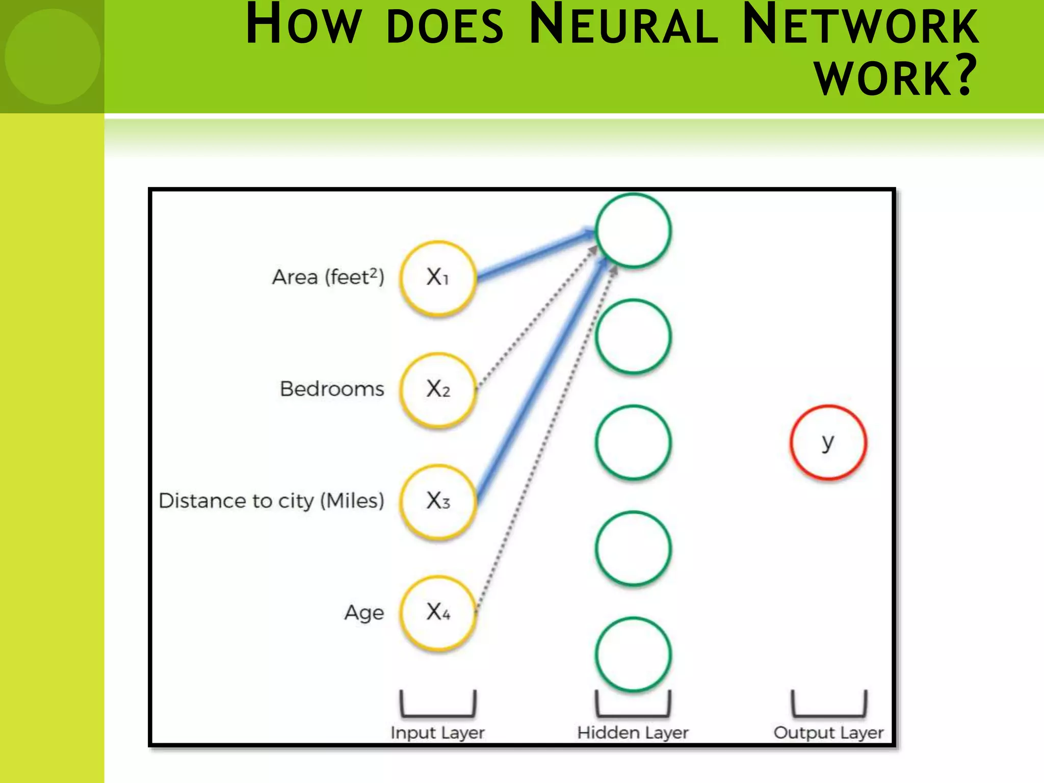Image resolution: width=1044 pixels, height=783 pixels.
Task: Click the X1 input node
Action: (438, 278)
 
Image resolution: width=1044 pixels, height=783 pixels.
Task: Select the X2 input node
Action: (438, 389)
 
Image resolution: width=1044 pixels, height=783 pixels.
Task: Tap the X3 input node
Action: (438, 501)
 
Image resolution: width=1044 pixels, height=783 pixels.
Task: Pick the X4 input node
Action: (438, 612)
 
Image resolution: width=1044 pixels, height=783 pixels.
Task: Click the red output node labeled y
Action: (828, 442)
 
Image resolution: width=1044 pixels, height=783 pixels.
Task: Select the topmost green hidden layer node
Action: (633, 230)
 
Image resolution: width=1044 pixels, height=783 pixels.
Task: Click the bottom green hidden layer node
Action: (633, 655)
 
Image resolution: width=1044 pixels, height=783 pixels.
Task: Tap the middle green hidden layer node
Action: (633, 442)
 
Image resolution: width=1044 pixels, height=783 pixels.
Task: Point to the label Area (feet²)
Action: (328, 277)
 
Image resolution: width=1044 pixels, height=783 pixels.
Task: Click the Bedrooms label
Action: (332, 389)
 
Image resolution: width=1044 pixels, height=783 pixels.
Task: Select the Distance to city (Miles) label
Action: (271, 501)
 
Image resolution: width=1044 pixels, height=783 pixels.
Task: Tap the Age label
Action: (364, 613)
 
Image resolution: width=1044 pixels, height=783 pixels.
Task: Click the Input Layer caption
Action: (437, 733)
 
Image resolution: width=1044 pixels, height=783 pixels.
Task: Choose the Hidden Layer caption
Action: (633, 733)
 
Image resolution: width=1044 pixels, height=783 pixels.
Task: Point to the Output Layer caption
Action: (828, 733)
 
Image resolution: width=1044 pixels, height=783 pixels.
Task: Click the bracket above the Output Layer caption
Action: (828, 705)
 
